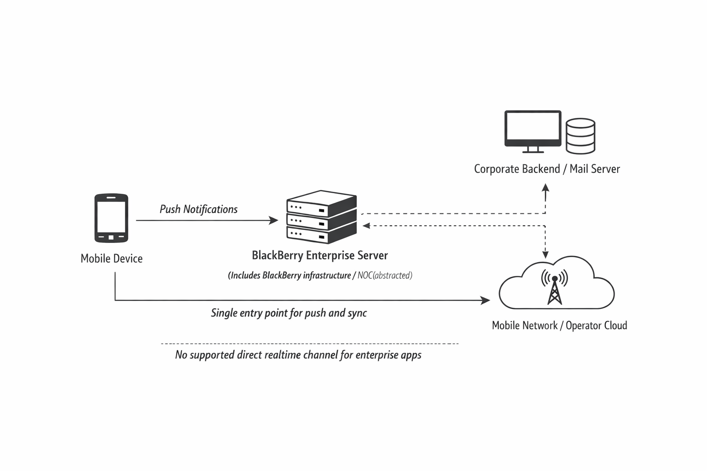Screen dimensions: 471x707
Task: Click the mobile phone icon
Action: coord(111,218)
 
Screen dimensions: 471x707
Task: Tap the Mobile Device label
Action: coord(111,258)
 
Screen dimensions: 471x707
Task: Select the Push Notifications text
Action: coord(198,209)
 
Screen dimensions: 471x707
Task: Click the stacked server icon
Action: coord(321,217)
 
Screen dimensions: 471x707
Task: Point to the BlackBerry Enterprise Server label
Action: coord(320,255)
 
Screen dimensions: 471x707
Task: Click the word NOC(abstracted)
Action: coord(385,276)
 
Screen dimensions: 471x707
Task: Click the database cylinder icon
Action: coord(580,136)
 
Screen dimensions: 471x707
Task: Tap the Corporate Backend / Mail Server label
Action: coord(547,169)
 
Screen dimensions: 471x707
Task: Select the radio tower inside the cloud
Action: coord(555,288)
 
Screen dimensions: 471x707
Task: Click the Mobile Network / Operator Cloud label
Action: coord(559,326)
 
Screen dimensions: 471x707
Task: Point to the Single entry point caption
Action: coord(289,313)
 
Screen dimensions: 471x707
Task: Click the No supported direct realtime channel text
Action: coord(298,355)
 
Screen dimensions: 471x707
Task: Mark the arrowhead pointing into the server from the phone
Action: coord(274,220)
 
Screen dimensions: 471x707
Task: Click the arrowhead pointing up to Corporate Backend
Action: coord(545,187)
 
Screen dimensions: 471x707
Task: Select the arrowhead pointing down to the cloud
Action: coord(545,254)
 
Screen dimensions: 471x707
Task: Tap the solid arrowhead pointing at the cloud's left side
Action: coord(486,300)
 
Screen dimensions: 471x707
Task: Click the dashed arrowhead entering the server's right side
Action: coord(366,225)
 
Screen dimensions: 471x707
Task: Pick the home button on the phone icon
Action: coord(111,237)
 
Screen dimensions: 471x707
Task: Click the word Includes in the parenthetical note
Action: coord(245,276)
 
